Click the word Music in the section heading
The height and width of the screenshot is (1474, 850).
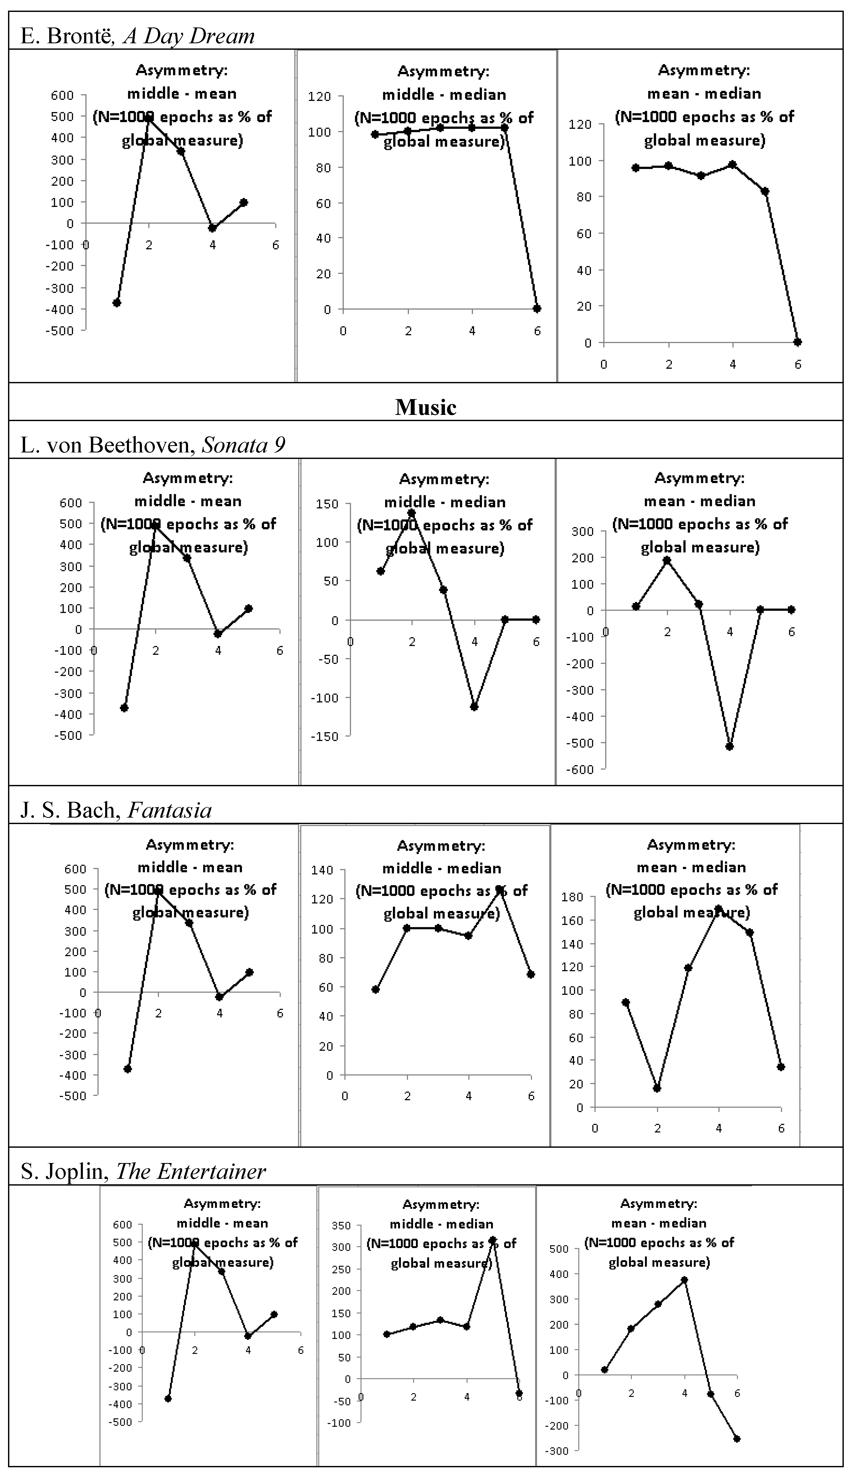pos(426,407)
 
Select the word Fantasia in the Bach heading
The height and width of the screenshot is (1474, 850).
pos(169,810)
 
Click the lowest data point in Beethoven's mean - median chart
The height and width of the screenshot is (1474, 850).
pos(729,746)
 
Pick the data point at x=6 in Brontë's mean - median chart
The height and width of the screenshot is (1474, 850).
pos(797,342)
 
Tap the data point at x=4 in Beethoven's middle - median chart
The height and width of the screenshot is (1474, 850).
pos(474,707)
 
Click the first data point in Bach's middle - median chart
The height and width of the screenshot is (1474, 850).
pos(375,989)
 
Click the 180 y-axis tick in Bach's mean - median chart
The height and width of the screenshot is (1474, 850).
pos(572,897)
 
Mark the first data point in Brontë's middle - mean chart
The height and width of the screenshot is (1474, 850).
pos(117,302)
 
